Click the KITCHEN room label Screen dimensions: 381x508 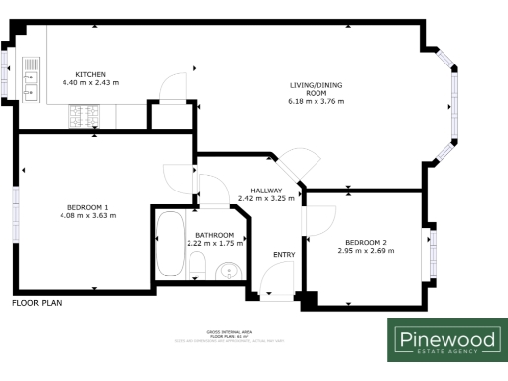coord(90,74)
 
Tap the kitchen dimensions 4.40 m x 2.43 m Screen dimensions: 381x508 coord(90,82)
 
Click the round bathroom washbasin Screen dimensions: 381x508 coord(228,269)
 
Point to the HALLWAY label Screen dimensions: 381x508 coord(267,190)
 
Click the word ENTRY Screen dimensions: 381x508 coord(284,255)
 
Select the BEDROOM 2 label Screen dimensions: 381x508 coord(366,243)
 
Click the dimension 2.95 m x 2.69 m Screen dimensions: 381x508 coord(366,251)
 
